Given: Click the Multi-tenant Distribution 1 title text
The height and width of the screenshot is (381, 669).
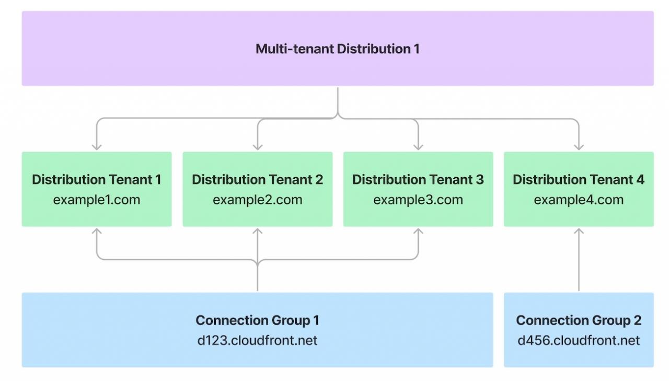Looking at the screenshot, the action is pyautogui.click(x=338, y=49).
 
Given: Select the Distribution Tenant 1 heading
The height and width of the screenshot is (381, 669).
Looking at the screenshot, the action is pyautogui.click(x=97, y=179).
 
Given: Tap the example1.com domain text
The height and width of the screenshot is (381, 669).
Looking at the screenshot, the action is pyautogui.click(x=97, y=200).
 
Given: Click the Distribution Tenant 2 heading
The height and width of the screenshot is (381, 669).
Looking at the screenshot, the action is pyautogui.click(x=258, y=179).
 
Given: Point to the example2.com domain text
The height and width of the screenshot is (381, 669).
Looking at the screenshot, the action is pyautogui.click(x=258, y=200).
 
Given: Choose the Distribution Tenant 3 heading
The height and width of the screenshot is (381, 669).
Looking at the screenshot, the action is pyautogui.click(x=418, y=179).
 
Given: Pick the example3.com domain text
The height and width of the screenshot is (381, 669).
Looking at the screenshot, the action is pyautogui.click(x=418, y=200).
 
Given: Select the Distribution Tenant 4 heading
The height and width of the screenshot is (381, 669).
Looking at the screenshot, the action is pyautogui.click(x=579, y=179).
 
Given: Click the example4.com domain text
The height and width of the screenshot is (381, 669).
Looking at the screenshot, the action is pyautogui.click(x=579, y=200).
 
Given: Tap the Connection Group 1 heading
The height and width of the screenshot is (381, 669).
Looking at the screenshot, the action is pyautogui.click(x=258, y=320).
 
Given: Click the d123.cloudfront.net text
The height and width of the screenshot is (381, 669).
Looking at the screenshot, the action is pyautogui.click(x=258, y=340).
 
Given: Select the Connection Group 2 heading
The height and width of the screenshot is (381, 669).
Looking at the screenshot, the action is pyautogui.click(x=579, y=320).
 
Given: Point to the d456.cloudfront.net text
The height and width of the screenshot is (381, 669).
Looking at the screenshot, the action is pyautogui.click(x=579, y=340).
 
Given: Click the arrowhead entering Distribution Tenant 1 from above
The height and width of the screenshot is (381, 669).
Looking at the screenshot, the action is pyautogui.click(x=97, y=147).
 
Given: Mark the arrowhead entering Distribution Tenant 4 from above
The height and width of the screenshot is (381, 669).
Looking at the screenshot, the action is pyautogui.click(x=579, y=147).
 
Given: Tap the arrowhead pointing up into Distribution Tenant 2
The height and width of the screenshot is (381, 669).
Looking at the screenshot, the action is pyautogui.click(x=258, y=231).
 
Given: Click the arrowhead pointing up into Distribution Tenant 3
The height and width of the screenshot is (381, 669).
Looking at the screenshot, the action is pyautogui.click(x=418, y=231).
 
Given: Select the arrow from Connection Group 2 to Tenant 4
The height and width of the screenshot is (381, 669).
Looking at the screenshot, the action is pyautogui.click(x=579, y=259).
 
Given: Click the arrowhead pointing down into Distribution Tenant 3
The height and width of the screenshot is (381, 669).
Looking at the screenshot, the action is pyautogui.click(x=418, y=147).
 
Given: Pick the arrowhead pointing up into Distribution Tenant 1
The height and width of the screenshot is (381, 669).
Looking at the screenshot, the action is pyautogui.click(x=97, y=231).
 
